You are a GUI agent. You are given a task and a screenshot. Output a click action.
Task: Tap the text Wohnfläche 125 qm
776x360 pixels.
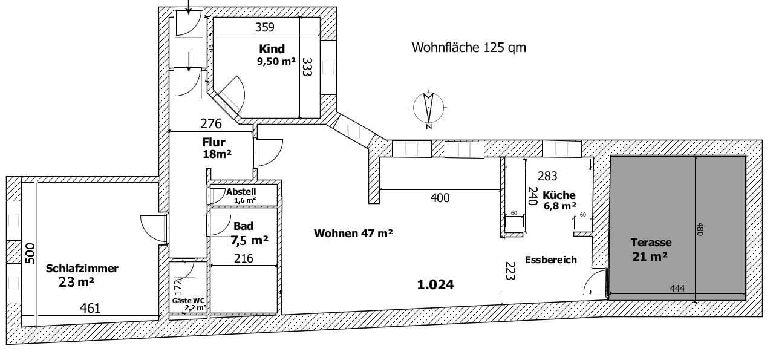pyautogui.click(x=468, y=47)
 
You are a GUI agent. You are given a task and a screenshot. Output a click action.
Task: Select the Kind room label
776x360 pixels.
pyautogui.click(x=272, y=49)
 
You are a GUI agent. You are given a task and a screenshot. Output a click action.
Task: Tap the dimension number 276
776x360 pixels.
pyautogui.click(x=210, y=124)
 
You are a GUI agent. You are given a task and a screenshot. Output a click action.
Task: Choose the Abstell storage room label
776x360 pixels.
pyautogui.click(x=241, y=192)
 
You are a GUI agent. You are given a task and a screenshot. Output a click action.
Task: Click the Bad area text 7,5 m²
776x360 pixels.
pyautogui.click(x=249, y=240)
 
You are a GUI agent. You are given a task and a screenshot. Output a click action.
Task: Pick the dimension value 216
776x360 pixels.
pyautogui.click(x=243, y=258)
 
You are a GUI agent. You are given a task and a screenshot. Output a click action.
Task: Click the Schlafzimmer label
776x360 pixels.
pyautogui.click(x=82, y=269)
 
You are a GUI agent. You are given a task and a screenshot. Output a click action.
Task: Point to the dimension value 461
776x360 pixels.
pyautogui.click(x=90, y=309)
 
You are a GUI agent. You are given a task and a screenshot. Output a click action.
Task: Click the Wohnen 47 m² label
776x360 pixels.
pyautogui.click(x=353, y=233)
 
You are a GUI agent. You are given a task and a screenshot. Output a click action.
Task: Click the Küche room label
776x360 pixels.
pyautogui.click(x=558, y=195)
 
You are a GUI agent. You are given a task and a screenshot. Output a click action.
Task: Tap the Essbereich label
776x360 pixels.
pyautogui.click(x=550, y=260)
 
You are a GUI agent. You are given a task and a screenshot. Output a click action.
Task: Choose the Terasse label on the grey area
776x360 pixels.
pyautogui.click(x=650, y=242)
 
